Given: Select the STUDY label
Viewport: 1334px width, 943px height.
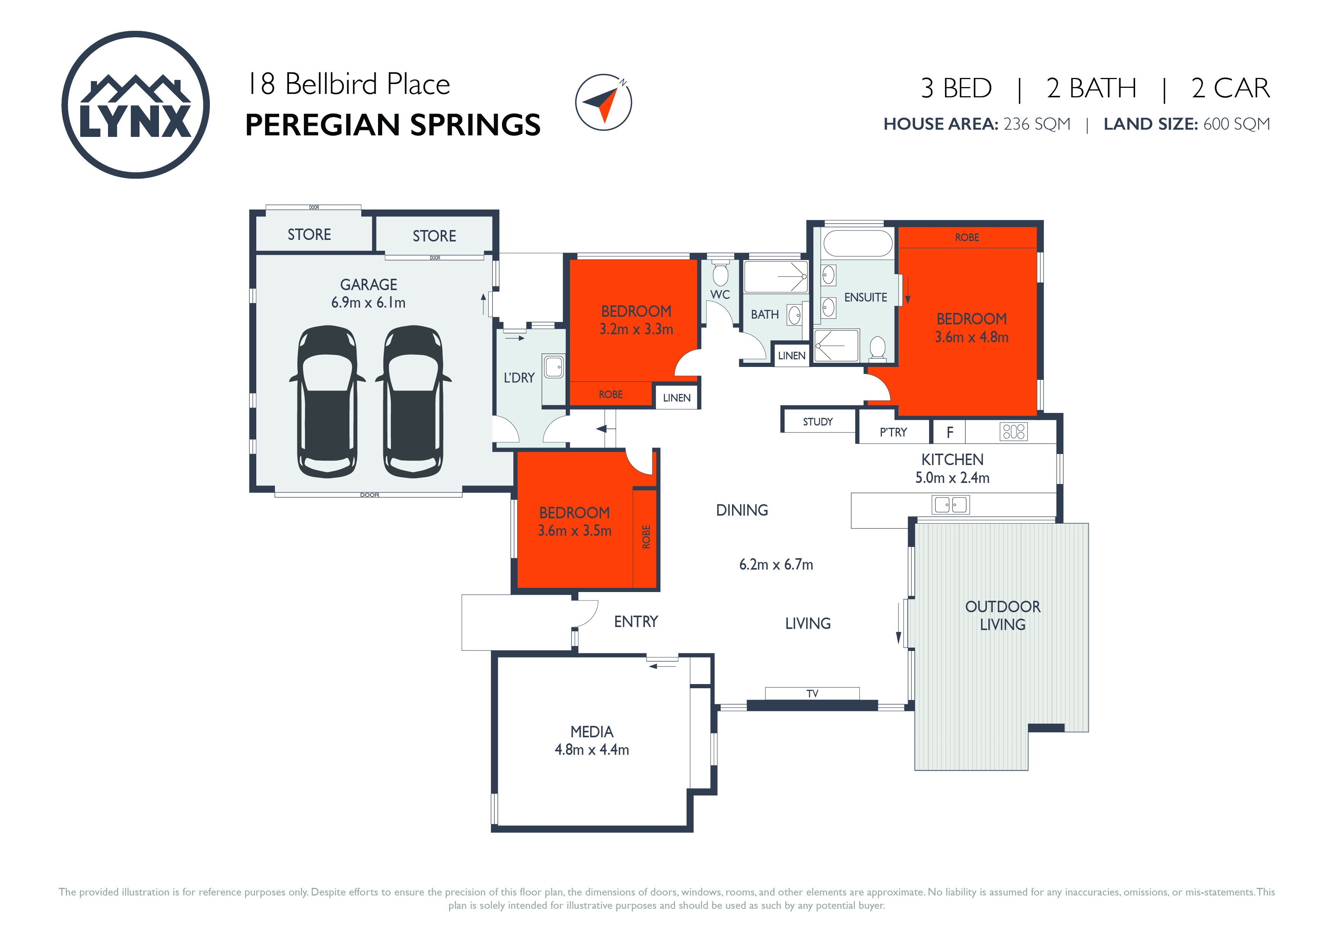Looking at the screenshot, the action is coord(818,422).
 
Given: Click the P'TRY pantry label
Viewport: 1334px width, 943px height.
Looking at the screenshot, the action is coord(893,432).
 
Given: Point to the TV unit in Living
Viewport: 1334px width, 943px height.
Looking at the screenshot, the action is coord(812,693).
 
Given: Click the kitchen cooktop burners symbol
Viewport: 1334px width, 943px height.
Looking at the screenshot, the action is coord(1014,432).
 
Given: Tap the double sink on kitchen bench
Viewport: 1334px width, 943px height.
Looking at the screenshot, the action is coord(951,504).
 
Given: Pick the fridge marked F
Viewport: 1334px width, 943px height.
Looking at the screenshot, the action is coord(949,432).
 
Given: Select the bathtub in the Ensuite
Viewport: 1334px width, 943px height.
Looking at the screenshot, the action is coord(858,243).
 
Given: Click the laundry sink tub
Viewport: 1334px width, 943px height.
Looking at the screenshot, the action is coord(554,366).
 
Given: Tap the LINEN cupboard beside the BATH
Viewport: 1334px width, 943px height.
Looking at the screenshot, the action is coord(791,356).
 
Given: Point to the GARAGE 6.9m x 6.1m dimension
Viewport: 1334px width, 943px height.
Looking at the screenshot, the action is coord(368,303).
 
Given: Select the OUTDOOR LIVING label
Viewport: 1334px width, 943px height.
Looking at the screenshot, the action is coord(1003,615).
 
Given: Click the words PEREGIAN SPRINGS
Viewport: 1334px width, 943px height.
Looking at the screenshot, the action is coord(393,125).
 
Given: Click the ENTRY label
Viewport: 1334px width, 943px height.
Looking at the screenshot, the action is coord(635,622).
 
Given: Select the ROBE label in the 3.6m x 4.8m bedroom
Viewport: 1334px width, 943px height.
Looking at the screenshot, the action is coord(967,237).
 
